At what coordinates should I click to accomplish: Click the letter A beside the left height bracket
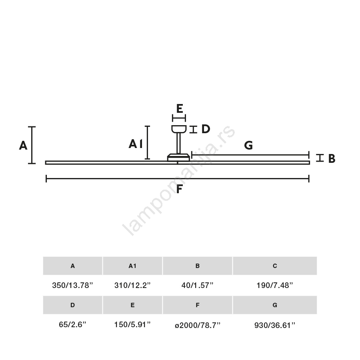pos(23,146)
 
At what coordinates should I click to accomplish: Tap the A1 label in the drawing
pos(136,144)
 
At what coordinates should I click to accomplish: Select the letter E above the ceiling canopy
pos(180,108)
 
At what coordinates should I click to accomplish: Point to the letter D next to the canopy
pos(206,129)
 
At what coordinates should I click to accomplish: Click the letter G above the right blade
pos(248,145)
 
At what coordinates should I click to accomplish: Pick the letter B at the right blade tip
pos(332,158)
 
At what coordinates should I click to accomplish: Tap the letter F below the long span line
pos(179,189)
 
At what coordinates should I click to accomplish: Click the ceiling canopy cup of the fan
pos(179,129)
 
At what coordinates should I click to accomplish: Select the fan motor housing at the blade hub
pos(179,157)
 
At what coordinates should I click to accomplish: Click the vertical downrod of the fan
pos(178,143)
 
